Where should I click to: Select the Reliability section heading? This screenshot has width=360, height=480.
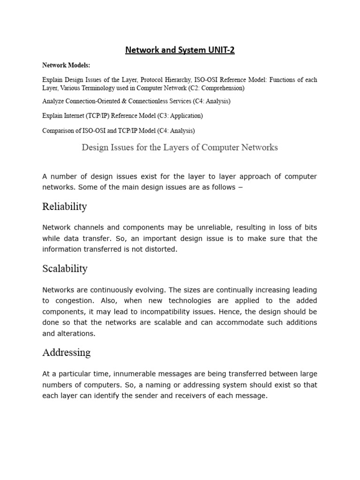65,207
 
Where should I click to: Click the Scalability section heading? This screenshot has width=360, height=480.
65,269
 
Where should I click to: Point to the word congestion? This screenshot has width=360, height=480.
72,300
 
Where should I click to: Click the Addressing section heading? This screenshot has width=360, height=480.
66,352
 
